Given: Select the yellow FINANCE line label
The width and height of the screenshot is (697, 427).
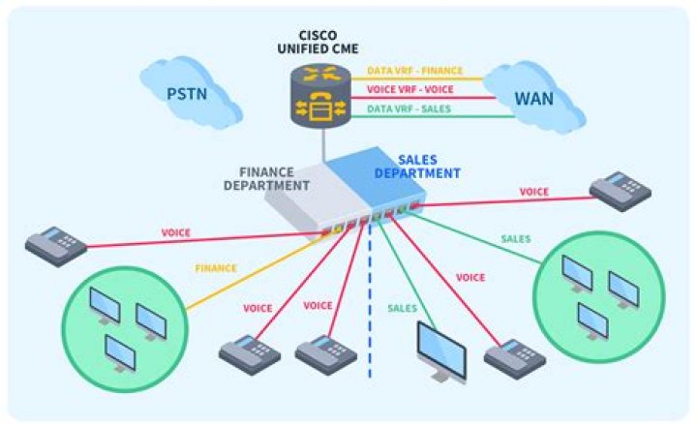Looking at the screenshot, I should tap(216, 268).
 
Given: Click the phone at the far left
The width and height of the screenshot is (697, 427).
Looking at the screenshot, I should tap(56, 245).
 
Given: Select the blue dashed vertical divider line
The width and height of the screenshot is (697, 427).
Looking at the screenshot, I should tap(370, 310).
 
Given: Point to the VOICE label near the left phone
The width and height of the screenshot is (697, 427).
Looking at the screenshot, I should tap(175, 233).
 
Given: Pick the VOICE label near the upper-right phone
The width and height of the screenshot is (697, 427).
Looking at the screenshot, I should tap(534, 192).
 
